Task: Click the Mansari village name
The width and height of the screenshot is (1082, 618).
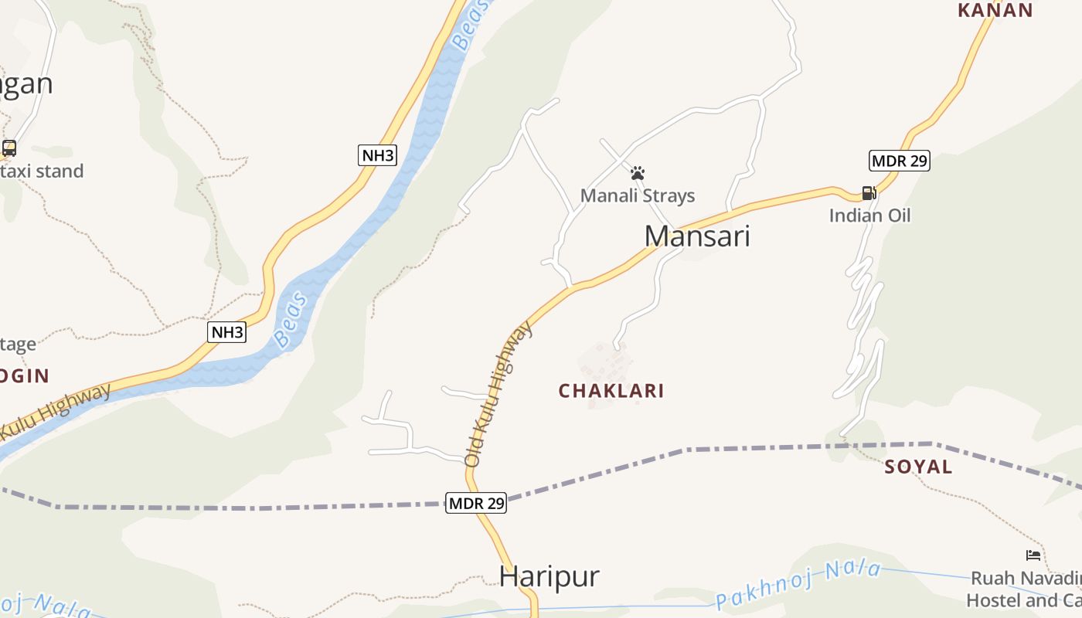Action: coord(697,236)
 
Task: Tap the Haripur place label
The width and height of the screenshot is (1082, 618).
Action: coord(549,576)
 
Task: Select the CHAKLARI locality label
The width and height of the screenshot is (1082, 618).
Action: coord(611,391)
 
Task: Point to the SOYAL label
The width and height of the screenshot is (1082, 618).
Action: coord(918,467)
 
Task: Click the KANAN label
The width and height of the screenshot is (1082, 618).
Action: coord(995,10)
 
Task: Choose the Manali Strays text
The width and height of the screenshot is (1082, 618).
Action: coord(638,195)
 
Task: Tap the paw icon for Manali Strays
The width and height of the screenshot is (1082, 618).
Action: coord(638,173)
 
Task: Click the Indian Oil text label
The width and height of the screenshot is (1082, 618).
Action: coord(869,216)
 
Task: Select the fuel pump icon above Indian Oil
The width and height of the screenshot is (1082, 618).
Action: coord(869,192)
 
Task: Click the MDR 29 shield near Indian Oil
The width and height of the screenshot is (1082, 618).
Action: coord(899,161)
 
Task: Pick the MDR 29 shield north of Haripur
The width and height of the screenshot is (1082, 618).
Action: coord(476,503)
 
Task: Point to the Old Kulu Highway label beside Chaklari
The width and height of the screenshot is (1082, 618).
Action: coord(498,394)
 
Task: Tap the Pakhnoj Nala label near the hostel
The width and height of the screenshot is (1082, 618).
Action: coord(798,585)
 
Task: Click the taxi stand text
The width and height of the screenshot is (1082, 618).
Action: coord(43,171)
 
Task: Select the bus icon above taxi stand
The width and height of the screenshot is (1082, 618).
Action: coord(9,148)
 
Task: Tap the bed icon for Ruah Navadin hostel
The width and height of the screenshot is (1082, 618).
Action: coord(1033,555)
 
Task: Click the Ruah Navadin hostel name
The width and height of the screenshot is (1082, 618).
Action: coord(1025,589)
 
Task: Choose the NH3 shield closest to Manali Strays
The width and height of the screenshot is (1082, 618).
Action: coord(378,155)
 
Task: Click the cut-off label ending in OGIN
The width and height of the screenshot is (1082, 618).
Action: coord(25,376)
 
